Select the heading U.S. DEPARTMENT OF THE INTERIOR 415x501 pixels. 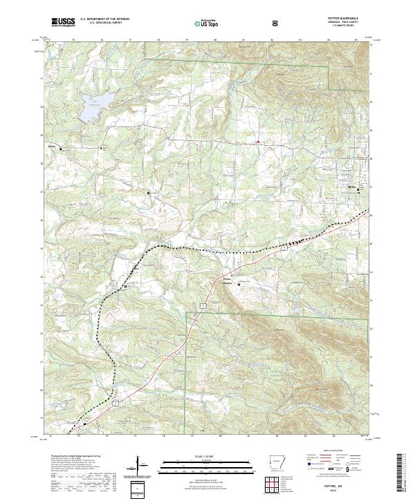click(104, 19)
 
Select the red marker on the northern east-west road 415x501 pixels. click(259, 142)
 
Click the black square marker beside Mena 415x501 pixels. click(358, 191)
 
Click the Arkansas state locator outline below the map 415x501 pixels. click(275, 462)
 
